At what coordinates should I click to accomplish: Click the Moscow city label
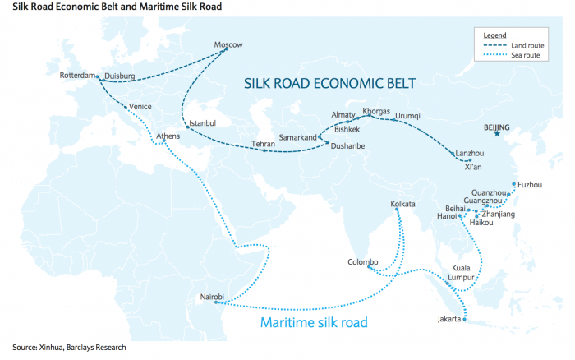(228, 44)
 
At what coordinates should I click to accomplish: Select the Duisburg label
(120, 76)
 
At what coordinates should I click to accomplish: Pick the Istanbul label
(202, 123)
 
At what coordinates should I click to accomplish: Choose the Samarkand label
(297, 137)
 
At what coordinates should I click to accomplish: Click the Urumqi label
(407, 116)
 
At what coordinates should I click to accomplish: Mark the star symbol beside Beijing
(496, 135)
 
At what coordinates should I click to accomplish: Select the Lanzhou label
(470, 153)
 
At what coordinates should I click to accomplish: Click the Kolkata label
(403, 203)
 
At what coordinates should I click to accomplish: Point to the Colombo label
(363, 262)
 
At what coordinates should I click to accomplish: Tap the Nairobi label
(213, 296)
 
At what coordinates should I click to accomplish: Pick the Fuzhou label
(529, 185)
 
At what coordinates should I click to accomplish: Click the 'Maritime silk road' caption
(313, 322)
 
